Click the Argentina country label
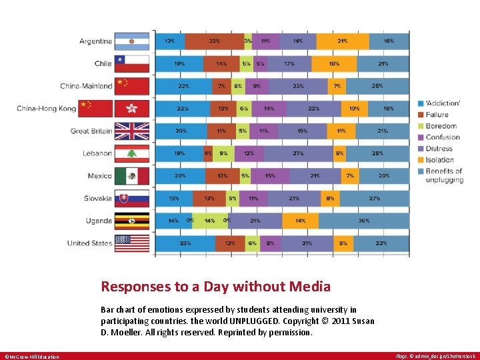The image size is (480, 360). [x=95, y=41]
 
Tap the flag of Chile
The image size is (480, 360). [x=131, y=64]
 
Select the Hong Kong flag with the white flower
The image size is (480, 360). [x=131, y=109]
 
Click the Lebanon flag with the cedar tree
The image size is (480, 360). [x=131, y=153]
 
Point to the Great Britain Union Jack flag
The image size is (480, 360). [x=131, y=131]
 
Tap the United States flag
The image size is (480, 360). [x=131, y=243]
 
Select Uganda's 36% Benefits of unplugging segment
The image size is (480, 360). [x=363, y=221]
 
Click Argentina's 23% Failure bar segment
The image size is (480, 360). [x=214, y=41]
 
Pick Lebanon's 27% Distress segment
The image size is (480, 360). [x=298, y=153]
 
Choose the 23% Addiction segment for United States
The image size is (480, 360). [x=185, y=243]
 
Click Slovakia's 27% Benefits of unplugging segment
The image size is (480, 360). [x=374, y=198]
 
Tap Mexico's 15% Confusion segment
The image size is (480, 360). [x=270, y=176]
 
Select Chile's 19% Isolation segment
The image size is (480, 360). [x=334, y=64]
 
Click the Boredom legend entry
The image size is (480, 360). [x=441, y=126]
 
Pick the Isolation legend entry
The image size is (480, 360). [x=440, y=160]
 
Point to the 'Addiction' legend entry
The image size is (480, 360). [x=443, y=103]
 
